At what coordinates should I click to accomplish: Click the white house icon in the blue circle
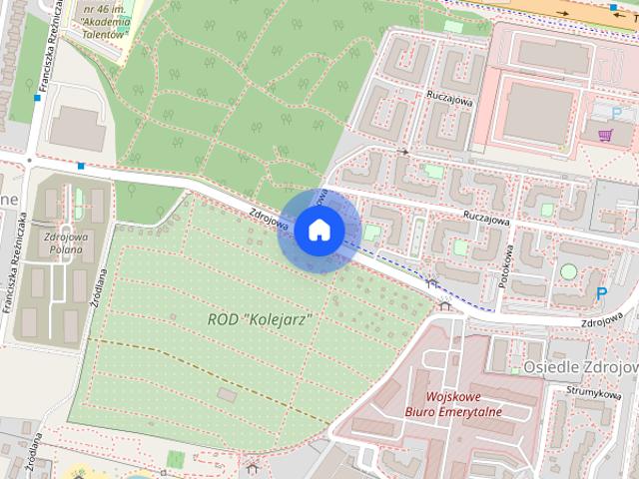(319, 230)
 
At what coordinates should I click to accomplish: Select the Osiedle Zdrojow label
(579, 367)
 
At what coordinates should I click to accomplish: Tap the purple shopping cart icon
(604, 135)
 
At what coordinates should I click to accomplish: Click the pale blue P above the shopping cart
(615, 113)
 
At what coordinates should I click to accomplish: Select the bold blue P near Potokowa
(601, 293)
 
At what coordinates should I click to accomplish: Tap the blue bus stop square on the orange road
(612, 6)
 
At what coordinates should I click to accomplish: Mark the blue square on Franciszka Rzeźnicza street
(37, 98)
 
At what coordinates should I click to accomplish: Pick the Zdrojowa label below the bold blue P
(605, 321)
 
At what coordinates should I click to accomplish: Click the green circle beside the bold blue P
(568, 271)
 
